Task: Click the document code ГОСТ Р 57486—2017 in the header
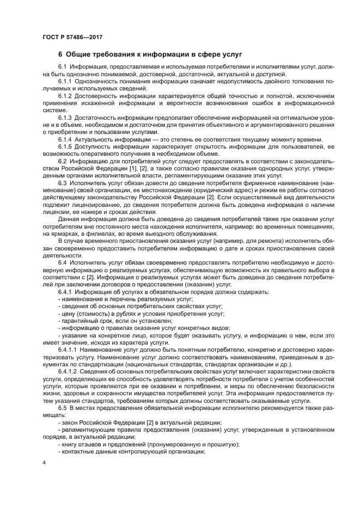pyautogui.click(x=72, y=38)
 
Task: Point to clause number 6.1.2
pyautogui.click(x=65, y=96)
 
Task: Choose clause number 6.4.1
pyautogui.click(x=65, y=292)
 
